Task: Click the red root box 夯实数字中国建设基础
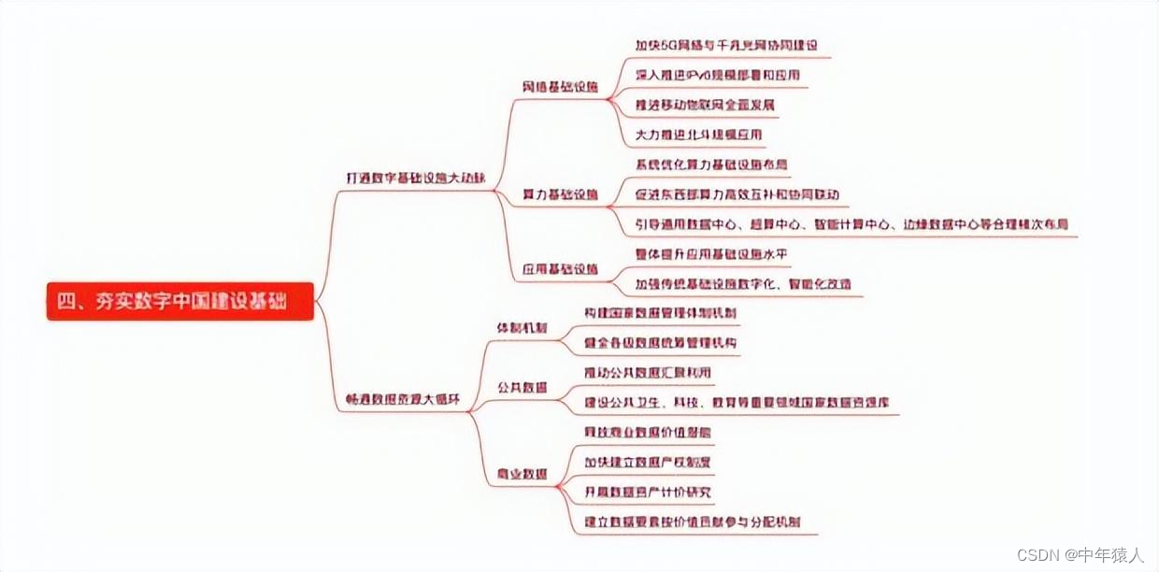[179, 301]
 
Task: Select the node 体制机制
[522, 328]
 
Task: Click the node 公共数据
[522, 387]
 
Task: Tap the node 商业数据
[522, 475]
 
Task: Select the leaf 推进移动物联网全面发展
[705, 105]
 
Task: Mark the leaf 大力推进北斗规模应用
[698, 135]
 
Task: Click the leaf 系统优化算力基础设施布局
[711, 164]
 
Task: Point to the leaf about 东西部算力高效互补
[737, 194]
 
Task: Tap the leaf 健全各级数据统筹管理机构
[660, 343]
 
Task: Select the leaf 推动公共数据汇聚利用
[647, 373]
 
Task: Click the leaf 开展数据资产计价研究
[647, 492]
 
